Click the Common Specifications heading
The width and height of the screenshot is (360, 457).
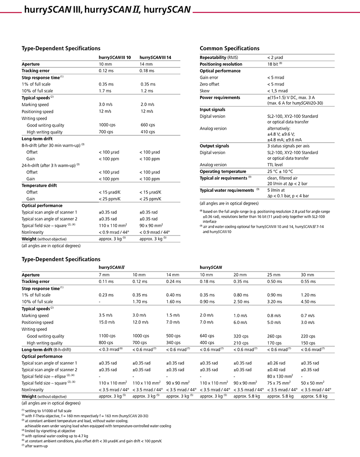tap(230, 48)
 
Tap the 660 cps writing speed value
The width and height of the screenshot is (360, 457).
tap(148, 125)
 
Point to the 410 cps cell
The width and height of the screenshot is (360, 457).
tap(148, 132)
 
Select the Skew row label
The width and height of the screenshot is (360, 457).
tap(205, 91)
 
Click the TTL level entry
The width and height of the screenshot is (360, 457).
tap(277, 164)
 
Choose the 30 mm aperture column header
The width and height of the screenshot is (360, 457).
tap(308, 275)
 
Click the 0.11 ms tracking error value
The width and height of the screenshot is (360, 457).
tap(106, 282)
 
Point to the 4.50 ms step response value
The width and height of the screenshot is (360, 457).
tap(309, 302)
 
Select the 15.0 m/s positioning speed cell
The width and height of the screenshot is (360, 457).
tap(108, 322)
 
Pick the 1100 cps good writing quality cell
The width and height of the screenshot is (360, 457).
tap(107, 336)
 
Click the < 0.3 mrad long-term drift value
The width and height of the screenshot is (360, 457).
tap(111, 349)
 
